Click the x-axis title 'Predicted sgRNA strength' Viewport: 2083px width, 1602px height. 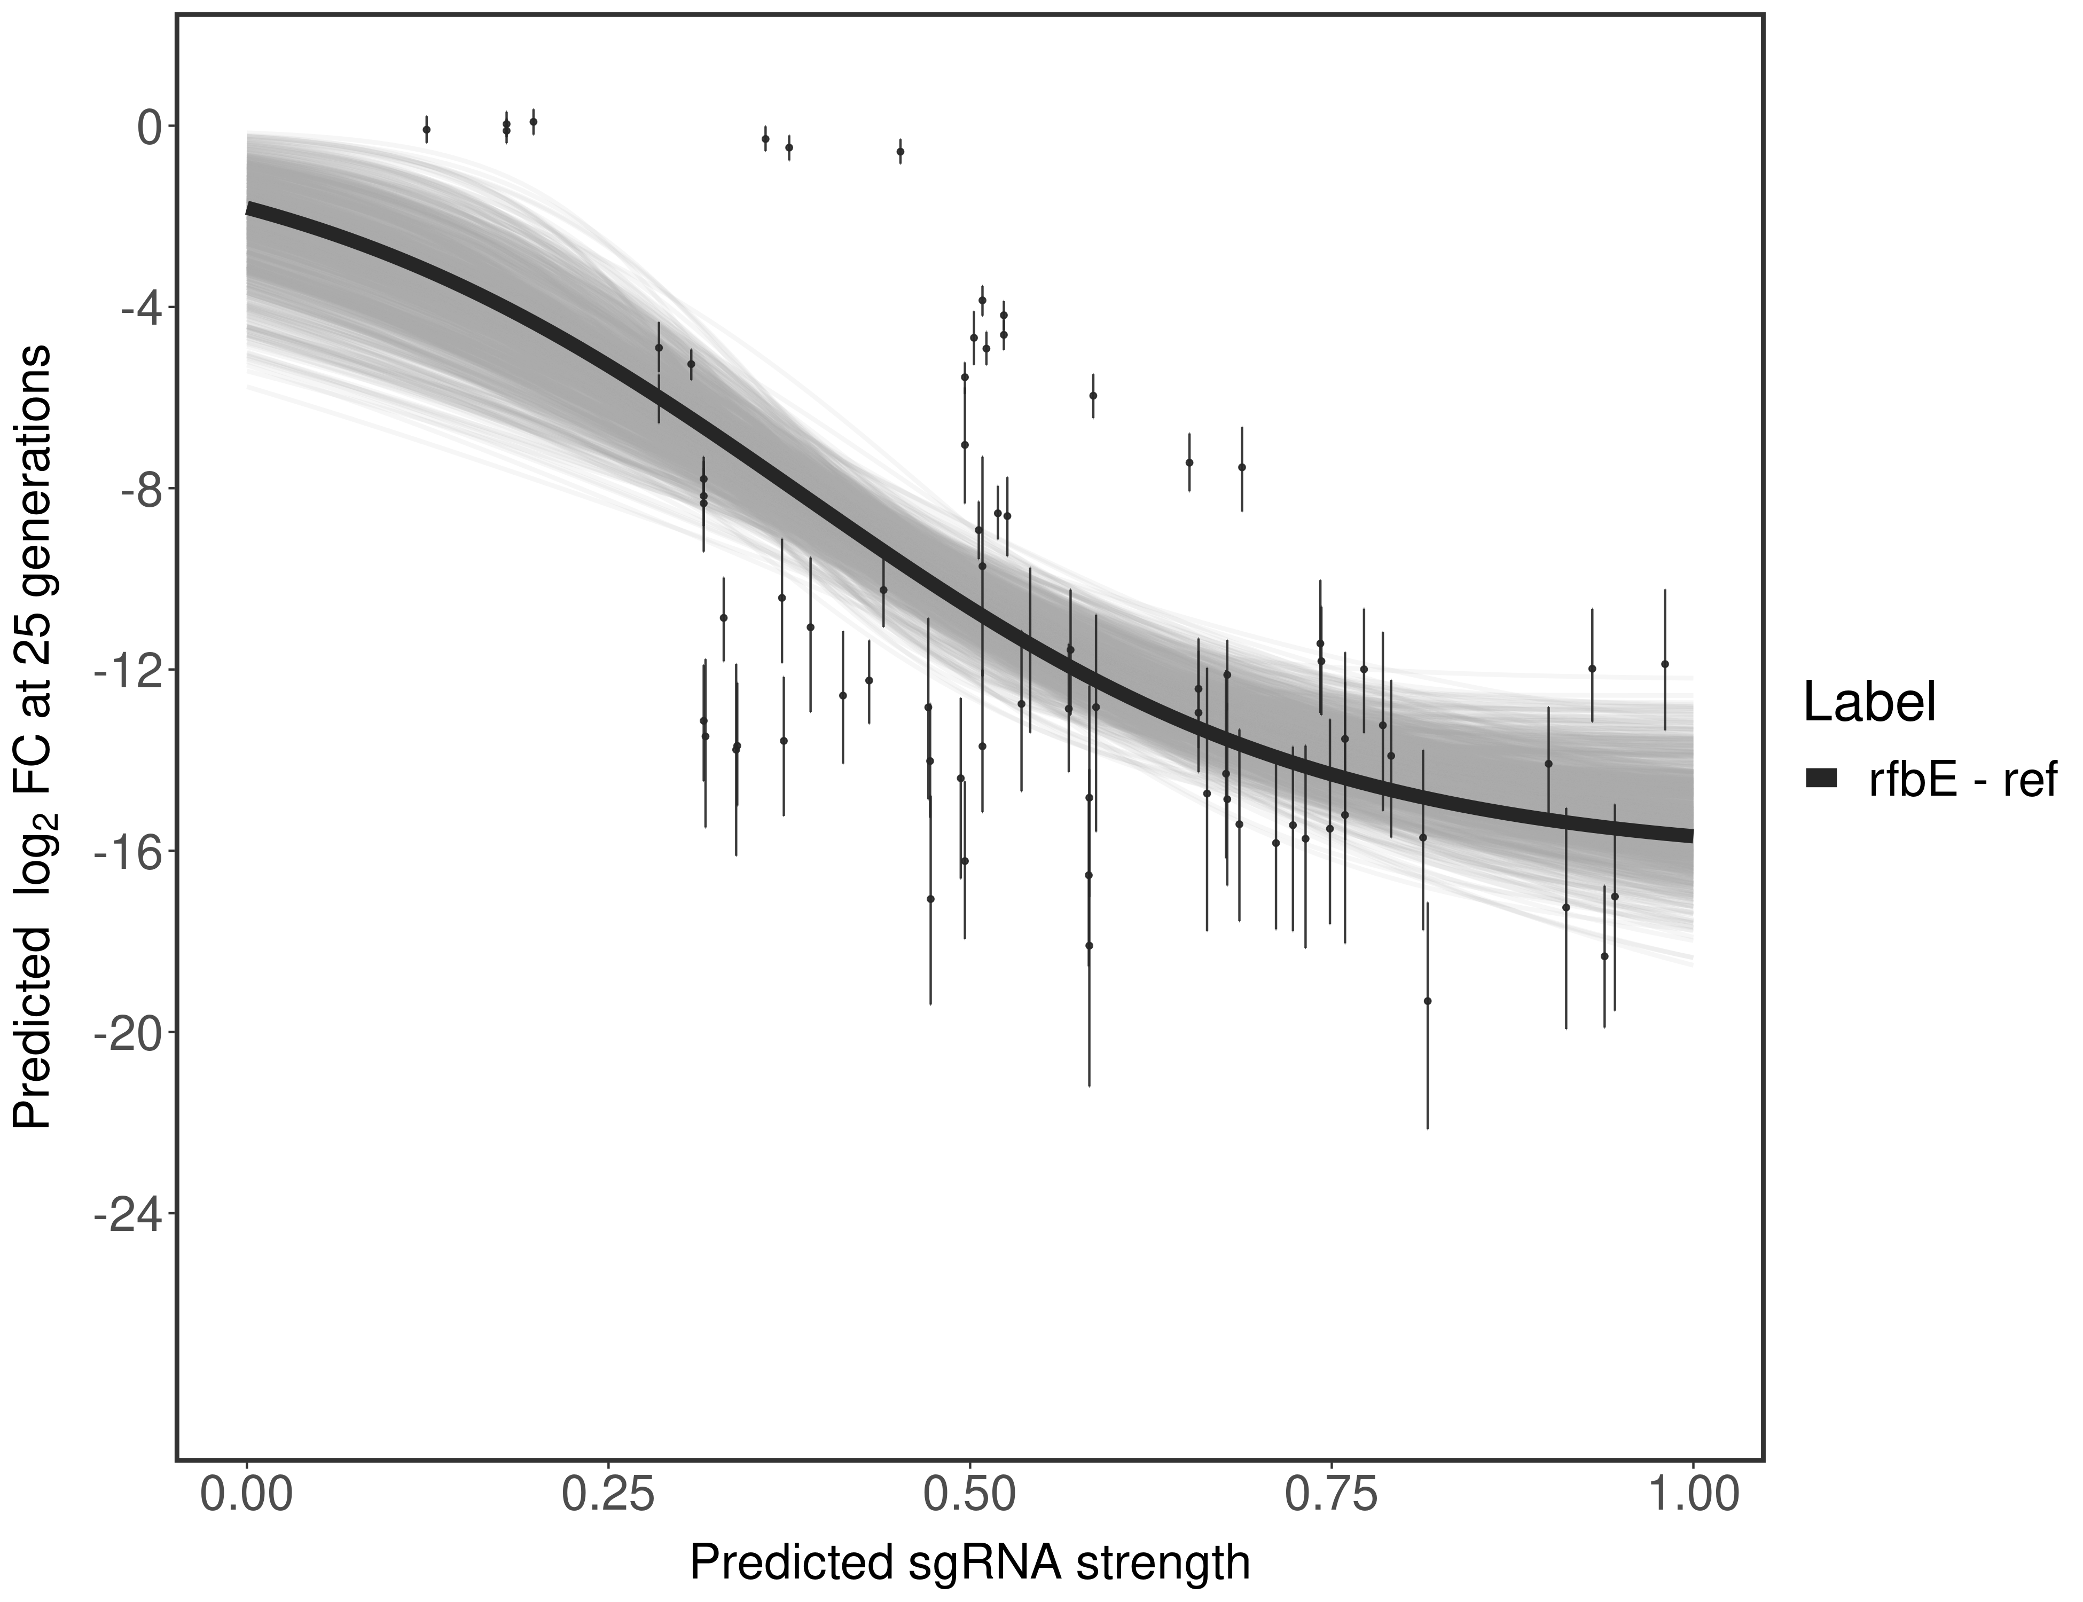pyautogui.click(x=969, y=1564)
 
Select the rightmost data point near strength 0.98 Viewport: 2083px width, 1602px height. pyautogui.click(x=1664, y=664)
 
